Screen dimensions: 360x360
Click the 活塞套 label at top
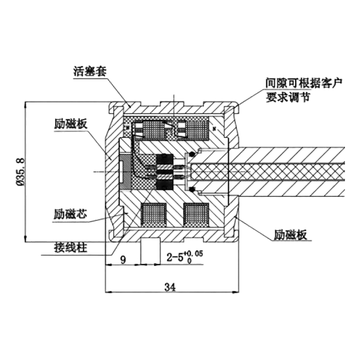tap(90, 71)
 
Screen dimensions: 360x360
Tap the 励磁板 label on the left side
tap(71, 124)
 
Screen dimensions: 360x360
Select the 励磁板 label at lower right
tap(290, 235)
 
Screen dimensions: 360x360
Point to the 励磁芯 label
tap(70, 214)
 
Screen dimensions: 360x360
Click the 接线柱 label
tap(71, 248)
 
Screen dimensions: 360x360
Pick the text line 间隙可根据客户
tap(304, 83)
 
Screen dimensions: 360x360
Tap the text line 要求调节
tap(288, 97)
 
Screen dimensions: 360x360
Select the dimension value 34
tap(170, 287)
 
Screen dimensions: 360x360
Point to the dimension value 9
tap(123, 260)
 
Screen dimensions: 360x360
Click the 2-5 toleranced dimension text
tap(185, 257)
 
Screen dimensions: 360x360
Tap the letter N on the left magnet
tap(127, 127)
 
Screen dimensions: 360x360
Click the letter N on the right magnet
tap(214, 129)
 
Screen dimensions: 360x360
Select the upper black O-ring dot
tap(192, 154)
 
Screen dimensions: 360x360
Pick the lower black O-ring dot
tap(192, 190)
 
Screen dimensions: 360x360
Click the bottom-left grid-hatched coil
tap(154, 214)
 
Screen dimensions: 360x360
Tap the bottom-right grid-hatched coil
tap(196, 214)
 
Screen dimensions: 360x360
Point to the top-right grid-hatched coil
tap(197, 129)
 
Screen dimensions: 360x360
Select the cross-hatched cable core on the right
tap(268, 172)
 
